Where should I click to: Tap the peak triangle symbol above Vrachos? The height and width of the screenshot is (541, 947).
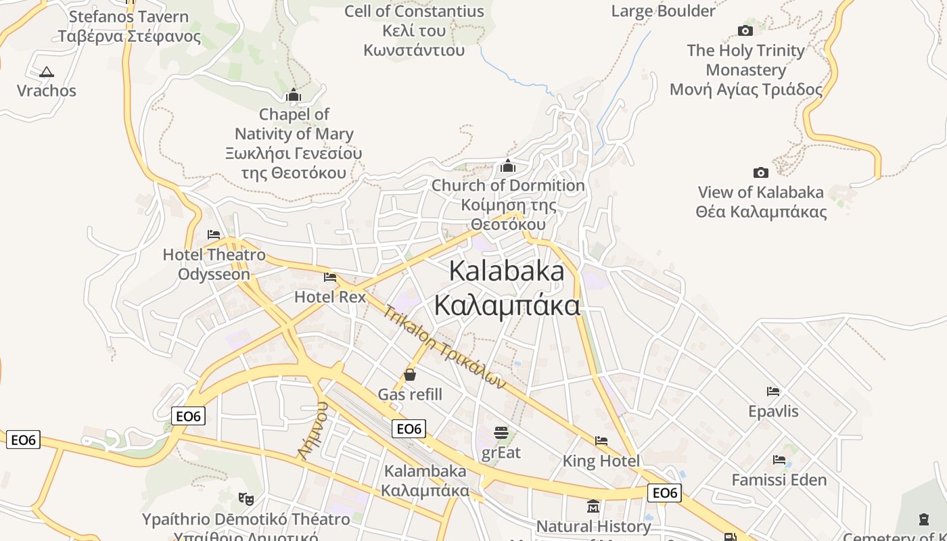(x=46, y=72)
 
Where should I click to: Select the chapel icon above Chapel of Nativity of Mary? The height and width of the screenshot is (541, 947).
(x=293, y=95)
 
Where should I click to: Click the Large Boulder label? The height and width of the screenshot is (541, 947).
(x=663, y=11)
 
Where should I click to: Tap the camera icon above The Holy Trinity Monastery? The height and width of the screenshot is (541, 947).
(x=745, y=30)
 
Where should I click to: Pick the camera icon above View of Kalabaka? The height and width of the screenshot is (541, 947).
(x=761, y=173)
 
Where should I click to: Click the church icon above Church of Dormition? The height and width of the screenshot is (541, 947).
(x=508, y=166)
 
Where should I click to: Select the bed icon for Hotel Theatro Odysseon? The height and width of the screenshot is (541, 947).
(x=214, y=235)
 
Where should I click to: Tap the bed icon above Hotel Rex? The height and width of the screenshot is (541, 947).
(x=330, y=277)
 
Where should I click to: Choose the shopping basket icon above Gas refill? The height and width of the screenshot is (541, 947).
(x=409, y=375)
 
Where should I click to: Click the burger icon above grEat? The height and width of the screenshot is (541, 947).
(x=501, y=433)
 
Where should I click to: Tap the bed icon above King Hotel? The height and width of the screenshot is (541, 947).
(x=601, y=441)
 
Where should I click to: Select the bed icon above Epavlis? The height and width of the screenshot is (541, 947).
(x=773, y=392)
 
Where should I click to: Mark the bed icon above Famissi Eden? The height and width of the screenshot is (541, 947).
(x=779, y=460)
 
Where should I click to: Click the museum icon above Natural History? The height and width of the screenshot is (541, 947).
(x=593, y=506)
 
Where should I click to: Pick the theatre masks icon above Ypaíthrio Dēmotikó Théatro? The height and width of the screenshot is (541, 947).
(x=246, y=499)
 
